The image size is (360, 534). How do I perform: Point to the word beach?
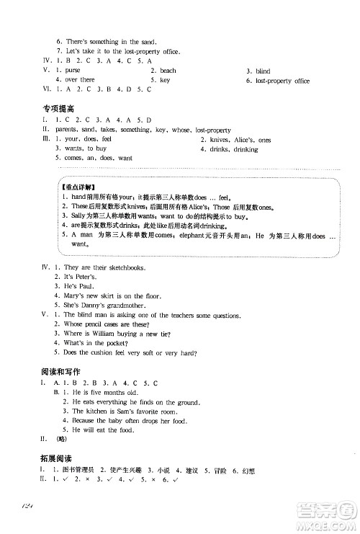coord(168,71)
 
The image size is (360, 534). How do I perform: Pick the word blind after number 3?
coord(263,71)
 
